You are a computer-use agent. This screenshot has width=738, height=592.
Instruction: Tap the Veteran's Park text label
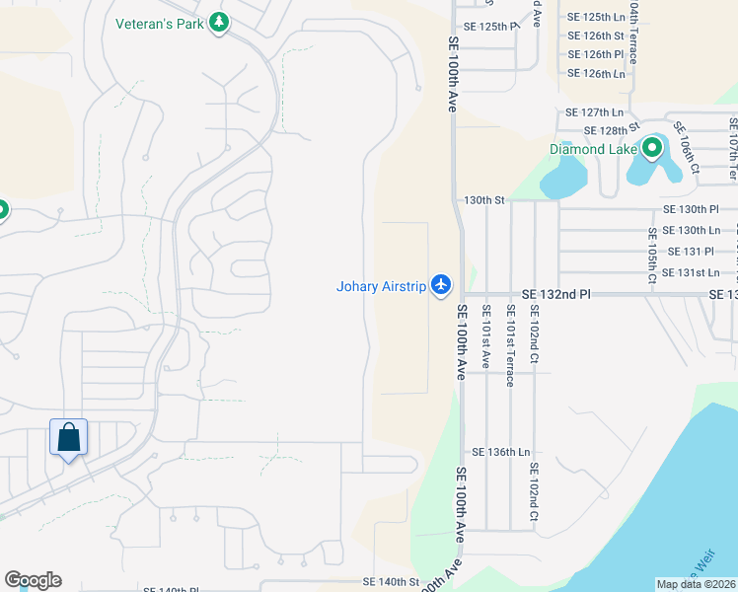pyautogui.click(x=160, y=23)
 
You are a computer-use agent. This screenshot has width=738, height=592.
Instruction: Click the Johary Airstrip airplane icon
pyautogui.click(x=441, y=286)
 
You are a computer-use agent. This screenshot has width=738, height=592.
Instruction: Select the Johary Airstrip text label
pyautogui.click(x=381, y=287)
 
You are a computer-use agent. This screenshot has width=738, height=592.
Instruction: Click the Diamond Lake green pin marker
pyautogui.click(x=651, y=149)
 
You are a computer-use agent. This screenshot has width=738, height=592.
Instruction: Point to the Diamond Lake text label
pyautogui.click(x=591, y=149)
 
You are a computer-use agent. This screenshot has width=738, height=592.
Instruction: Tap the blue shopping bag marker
pyautogui.click(x=69, y=437)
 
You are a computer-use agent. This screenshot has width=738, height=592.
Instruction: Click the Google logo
pyautogui.click(x=33, y=580)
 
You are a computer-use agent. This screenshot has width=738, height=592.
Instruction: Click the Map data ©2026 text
pyautogui.click(x=696, y=584)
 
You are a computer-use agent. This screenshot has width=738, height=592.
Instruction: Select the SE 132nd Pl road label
pyautogui.click(x=555, y=294)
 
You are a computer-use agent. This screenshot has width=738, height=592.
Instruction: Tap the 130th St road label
pyautogui.click(x=484, y=199)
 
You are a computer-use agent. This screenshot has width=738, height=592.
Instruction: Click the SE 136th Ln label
pyautogui.click(x=500, y=451)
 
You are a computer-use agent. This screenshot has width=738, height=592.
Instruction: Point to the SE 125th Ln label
pyautogui.click(x=596, y=17)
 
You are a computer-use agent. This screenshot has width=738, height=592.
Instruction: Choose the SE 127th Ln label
pyautogui.click(x=594, y=112)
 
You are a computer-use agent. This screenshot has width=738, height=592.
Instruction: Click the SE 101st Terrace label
pyautogui.click(x=510, y=345)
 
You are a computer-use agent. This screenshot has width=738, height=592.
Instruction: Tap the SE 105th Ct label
pyautogui.click(x=652, y=256)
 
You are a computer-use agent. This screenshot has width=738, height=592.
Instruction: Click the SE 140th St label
pyautogui.click(x=391, y=582)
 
